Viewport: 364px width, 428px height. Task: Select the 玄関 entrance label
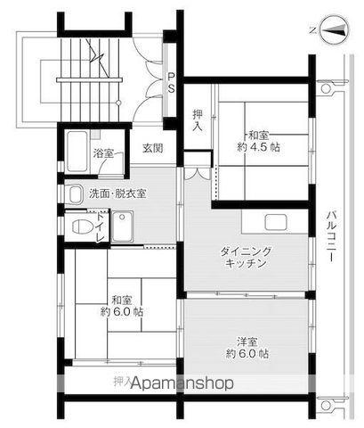tap(152, 149)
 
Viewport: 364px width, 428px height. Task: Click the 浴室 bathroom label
tap(104, 153)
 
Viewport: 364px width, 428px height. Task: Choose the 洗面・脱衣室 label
tap(118, 193)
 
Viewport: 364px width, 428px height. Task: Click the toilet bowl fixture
tap(78, 226)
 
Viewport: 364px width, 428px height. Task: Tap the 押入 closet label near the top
tap(199, 120)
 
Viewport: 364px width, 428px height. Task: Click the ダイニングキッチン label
tap(246, 259)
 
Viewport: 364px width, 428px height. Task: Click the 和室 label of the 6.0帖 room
tap(122, 300)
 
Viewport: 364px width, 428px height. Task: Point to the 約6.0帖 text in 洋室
tap(248, 353)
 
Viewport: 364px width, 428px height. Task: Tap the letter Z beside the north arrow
tap(311, 29)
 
